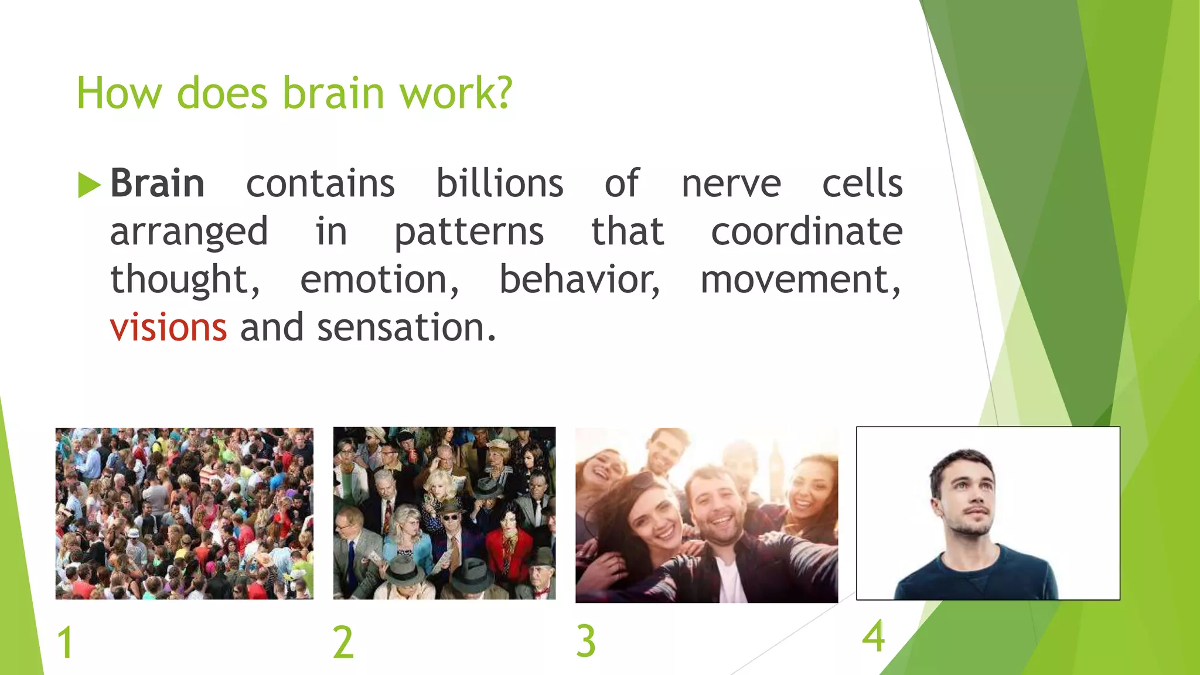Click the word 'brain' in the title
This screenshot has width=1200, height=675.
[x=333, y=93]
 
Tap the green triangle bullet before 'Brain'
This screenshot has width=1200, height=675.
[x=88, y=185]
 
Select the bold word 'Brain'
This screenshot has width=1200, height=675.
[x=157, y=184]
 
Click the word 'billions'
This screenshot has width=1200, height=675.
[x=499, y=184]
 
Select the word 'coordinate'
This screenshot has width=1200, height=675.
[x=806, y=232]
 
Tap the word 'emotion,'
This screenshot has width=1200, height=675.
[x=379, y=280]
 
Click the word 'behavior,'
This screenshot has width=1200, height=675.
[x=579, y=280]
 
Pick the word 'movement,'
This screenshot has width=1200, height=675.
[x=800, y=280]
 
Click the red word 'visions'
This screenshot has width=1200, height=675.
[x=168, y=328]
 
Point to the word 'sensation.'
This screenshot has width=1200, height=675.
[x=407, y=328]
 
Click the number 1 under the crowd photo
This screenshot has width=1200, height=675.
[x=65, y=643]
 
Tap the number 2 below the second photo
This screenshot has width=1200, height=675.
[x=343, y=643]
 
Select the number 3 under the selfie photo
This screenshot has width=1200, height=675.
[x=585, y=641]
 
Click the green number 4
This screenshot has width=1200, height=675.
[x=873, y=637]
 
